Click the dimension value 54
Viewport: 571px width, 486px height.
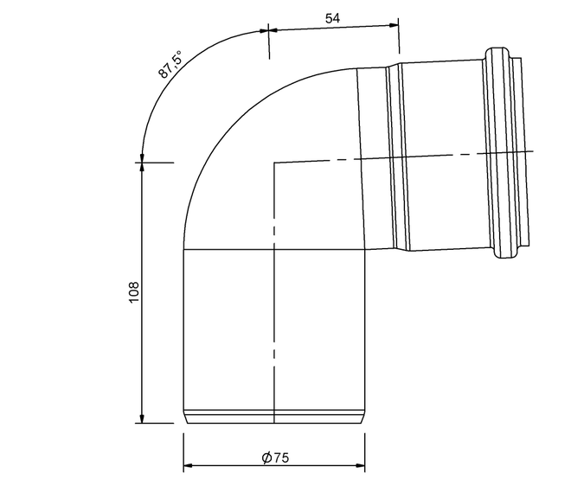click(332, 18)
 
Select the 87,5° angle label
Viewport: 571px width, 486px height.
click(170, 65)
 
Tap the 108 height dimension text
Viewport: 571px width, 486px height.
click(133, 291)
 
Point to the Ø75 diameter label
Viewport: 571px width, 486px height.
click(275, 457)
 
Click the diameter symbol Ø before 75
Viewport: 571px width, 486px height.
click(266, 457)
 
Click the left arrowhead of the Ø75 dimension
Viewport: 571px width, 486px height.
click(188, 465)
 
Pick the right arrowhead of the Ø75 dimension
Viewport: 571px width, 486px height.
click(360, 465)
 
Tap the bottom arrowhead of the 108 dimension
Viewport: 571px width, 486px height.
click(142, 419)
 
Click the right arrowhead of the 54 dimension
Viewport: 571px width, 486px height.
click(394, 25)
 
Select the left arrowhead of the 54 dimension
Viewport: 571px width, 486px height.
click(273, 30)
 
